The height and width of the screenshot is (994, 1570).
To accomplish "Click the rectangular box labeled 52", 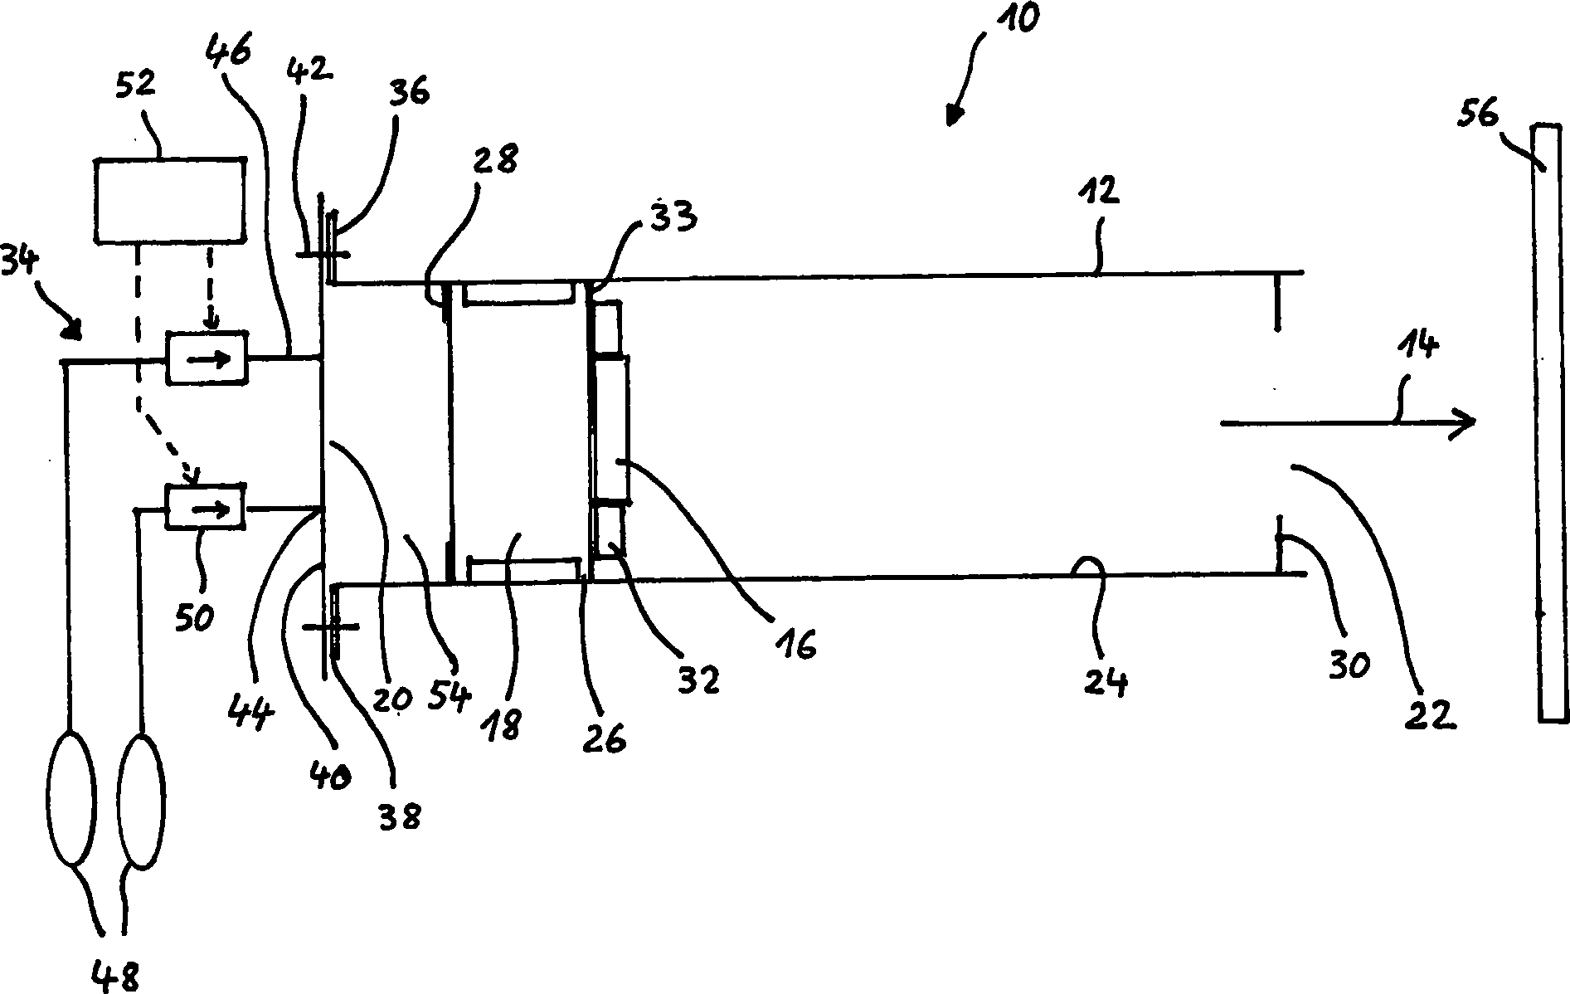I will [170, 201].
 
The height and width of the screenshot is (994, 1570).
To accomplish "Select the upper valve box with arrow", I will [207, 358].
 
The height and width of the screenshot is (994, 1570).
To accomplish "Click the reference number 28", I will [498, 159].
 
